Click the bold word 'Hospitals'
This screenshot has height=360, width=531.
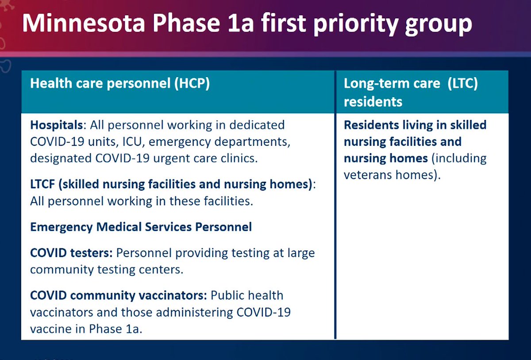coord(56,125)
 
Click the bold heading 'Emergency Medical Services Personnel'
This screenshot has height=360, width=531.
coord(141,227)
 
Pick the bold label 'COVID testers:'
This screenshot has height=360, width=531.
coord(71,253)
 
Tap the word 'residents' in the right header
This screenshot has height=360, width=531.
coord(373,102)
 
